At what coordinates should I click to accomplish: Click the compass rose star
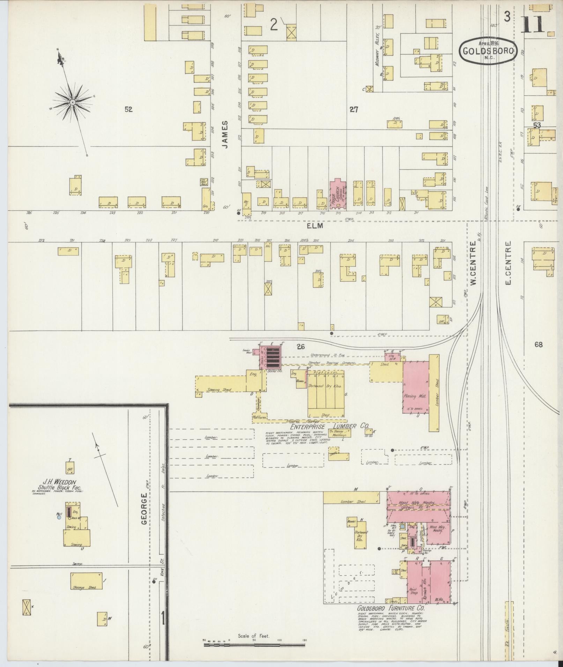[72, 102]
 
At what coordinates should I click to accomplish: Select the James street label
[225, 135]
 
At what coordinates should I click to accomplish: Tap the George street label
[143, 510]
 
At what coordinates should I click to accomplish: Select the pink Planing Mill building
[416, 387]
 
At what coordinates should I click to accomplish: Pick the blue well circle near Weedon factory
[59, 517]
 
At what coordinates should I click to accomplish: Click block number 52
[128, 109]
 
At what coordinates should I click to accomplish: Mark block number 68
[538, 344]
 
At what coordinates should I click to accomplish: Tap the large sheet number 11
[533, 23]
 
